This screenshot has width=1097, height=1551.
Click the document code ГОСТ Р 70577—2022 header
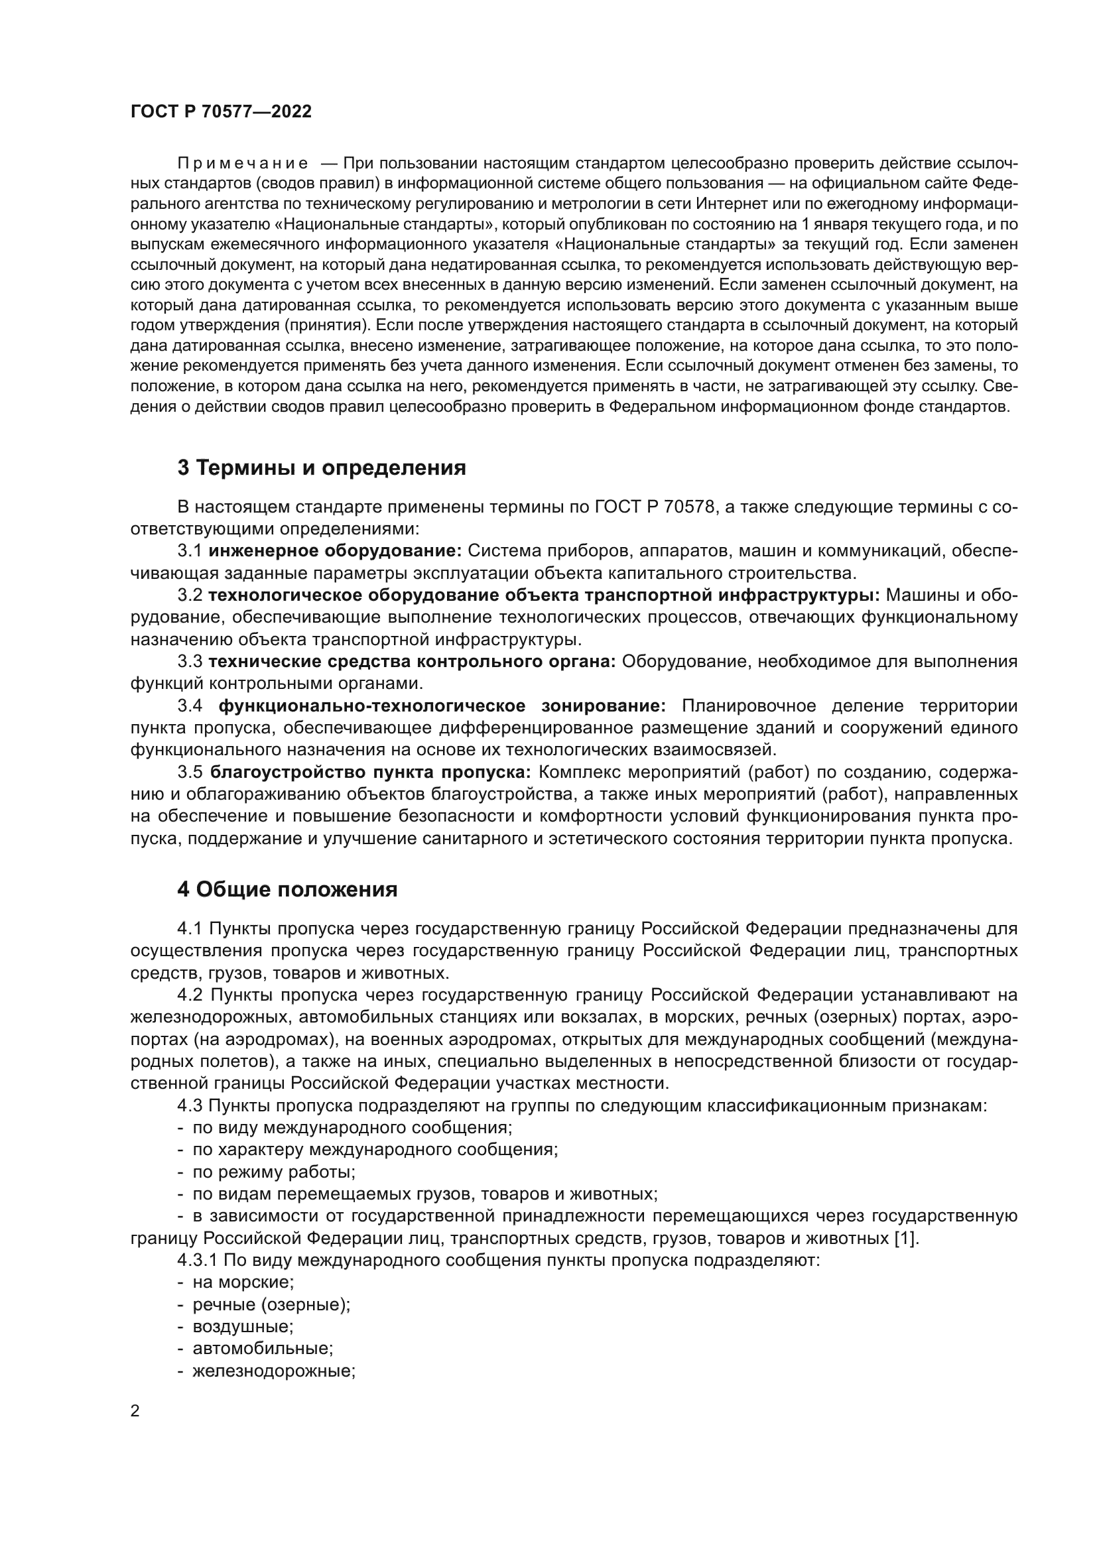(x=221, y=112)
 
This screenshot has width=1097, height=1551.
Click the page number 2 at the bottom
(x=135, y=1410)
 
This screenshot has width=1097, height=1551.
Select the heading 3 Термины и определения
(x=322, y=467)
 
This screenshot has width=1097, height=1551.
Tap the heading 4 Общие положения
(x=287, y=890)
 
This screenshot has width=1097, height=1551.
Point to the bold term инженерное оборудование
(x=334, y=551)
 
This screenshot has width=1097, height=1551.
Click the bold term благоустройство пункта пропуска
(x=371, y=772)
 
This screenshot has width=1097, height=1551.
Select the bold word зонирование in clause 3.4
(x=603, y=706)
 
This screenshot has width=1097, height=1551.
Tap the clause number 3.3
(x=190, y=661)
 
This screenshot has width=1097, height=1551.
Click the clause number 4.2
(x=190, y=995)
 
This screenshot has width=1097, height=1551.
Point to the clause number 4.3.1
(x=196, y=1261)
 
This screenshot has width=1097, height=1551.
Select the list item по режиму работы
(x=273, y=1172)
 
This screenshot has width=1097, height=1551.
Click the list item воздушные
(x=243, y=1327)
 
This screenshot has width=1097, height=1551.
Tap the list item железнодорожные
(x=273, y=1371)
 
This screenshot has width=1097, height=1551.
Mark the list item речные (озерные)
(x=271, y=1304)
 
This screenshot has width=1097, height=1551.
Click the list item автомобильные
(x=263, y=1349)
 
